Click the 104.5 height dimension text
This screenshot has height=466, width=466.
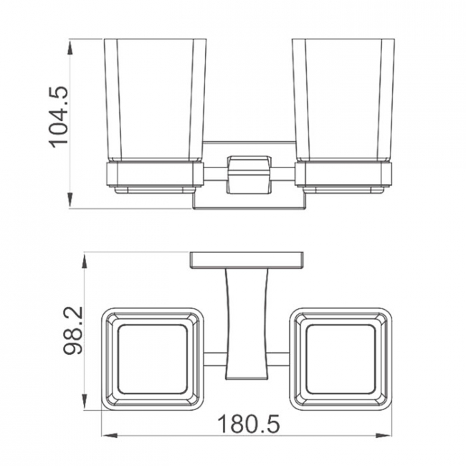(59, 117)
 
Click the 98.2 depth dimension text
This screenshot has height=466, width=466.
(73, 331)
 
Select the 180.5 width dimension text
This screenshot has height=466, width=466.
(249, 424)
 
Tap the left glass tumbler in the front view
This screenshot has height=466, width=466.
(155, 100)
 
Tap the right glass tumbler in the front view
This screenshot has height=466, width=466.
(343, 100)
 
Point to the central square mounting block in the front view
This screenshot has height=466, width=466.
(249, 175)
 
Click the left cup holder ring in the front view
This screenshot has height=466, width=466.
(155, 176)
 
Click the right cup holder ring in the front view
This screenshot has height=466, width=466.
(343, 176)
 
